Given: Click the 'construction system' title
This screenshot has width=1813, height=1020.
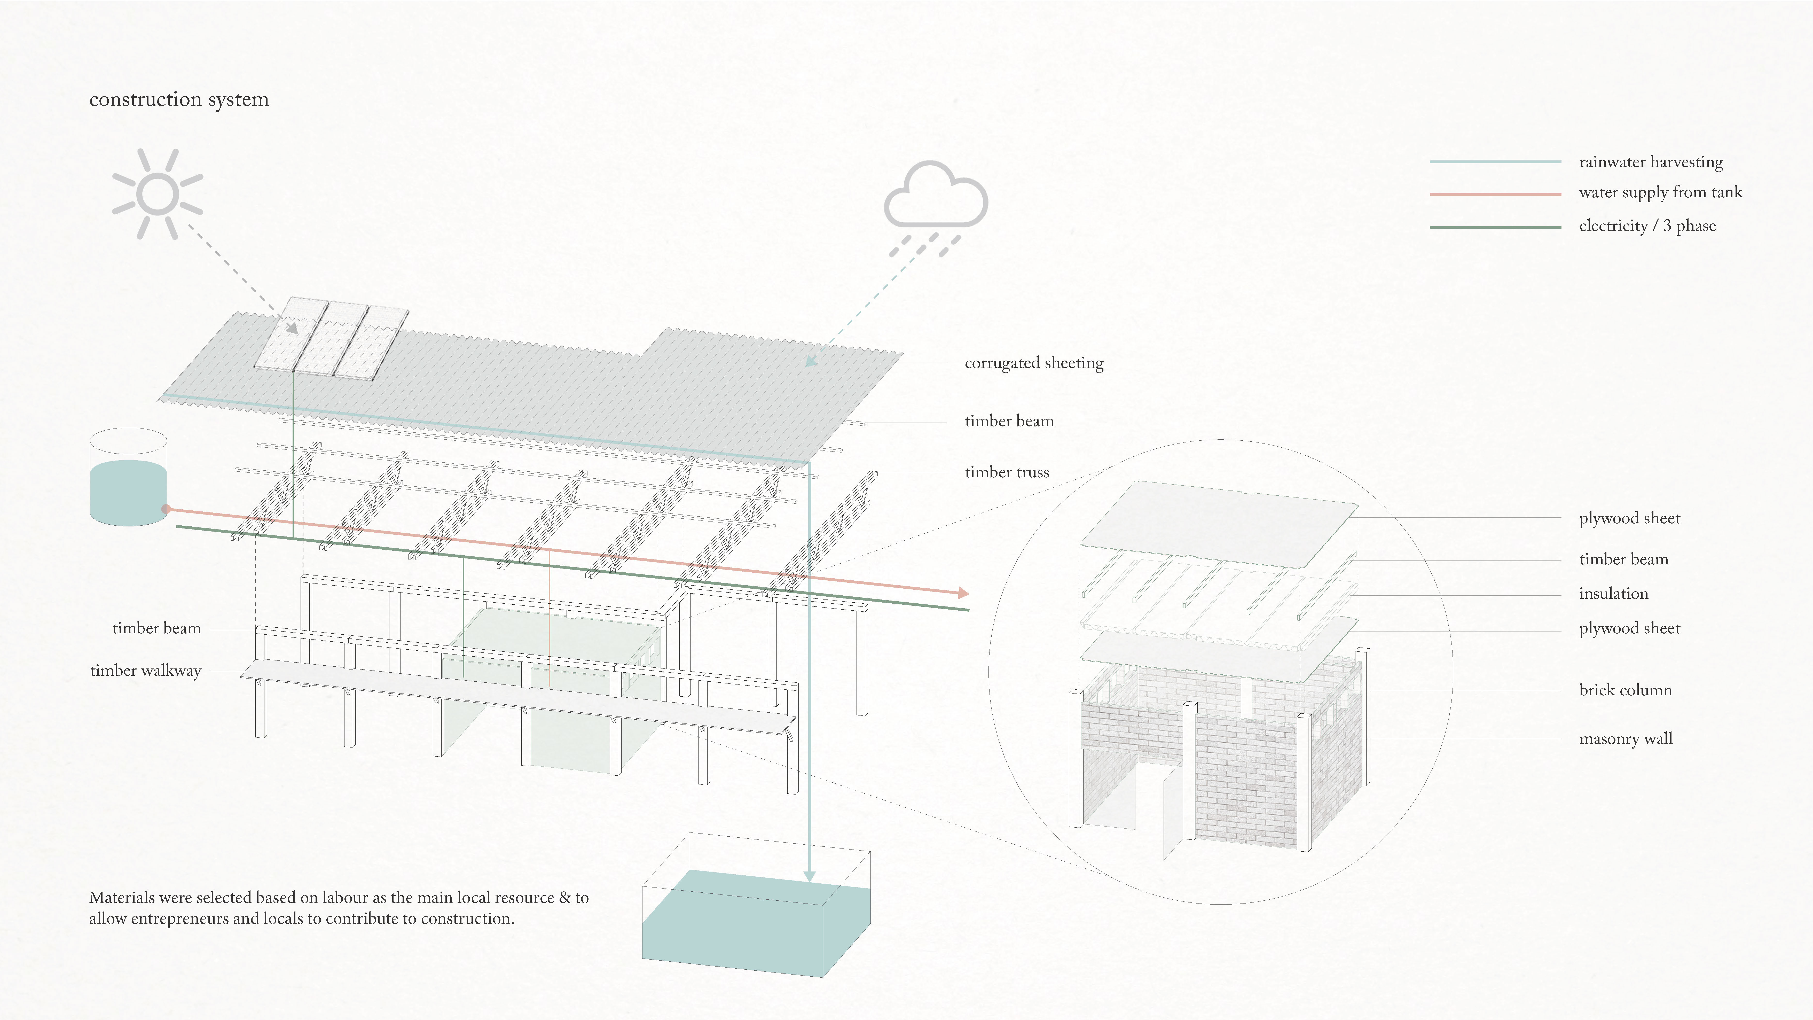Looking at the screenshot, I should click(179, 99).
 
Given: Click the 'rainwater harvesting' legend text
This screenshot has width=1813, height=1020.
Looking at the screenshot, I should click(1650, 162).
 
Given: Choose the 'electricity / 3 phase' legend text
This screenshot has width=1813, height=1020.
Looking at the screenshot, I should click(1647, 226).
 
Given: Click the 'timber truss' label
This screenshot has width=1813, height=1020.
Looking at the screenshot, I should click(1007, 472).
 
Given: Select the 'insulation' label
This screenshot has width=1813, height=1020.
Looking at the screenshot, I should click(1613, 593).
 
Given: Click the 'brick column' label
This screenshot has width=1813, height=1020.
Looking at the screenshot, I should click(1625, 690).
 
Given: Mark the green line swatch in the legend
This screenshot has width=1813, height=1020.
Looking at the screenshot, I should click(1495, 227).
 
